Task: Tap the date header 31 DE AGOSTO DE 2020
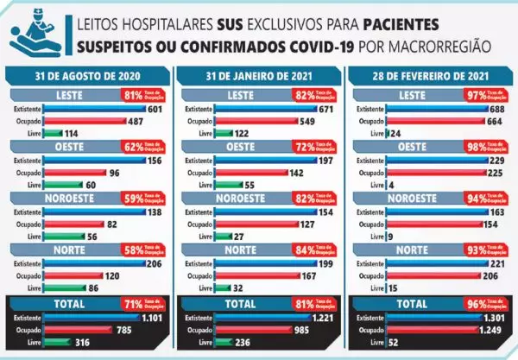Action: click(89, 76)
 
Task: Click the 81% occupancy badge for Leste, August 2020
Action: click(133, 94)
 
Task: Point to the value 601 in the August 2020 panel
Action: click(155, 110)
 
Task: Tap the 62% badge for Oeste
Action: click(133, 146)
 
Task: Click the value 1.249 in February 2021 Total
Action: click(490, 329)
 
